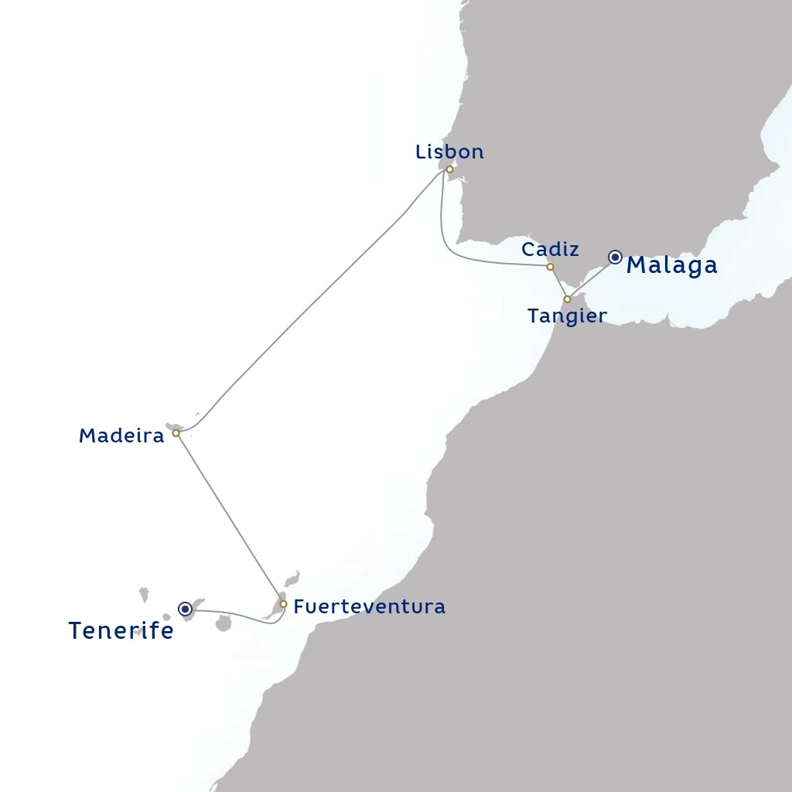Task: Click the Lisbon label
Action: click(x=449, y=152)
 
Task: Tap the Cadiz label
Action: click(x=550, y=249)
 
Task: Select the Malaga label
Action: click(x=671, y=265)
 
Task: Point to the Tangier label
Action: click(x=566, y=316)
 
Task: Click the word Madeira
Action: click(x=121, y=436)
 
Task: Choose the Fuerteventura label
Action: click(x=370, y=607)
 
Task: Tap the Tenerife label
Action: click(x=121, y=631)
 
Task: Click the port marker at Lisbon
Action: click(x=449, y=169)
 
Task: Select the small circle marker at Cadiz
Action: click(x=550, y=267)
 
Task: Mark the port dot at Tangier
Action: click(x=567, y=299)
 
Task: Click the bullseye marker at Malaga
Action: click(x=615, y=257)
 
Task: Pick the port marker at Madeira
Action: click(x=176, y=433)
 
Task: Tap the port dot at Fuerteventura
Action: click(x=283, y=604)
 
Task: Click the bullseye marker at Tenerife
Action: click(x=186, y=609)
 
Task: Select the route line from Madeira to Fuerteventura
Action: click(x=229, y=518)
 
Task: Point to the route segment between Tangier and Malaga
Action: click(x=591, y=278)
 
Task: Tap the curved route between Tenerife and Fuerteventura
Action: click(x=240, y=615)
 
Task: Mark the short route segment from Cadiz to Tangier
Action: click(x=558, y=283)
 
